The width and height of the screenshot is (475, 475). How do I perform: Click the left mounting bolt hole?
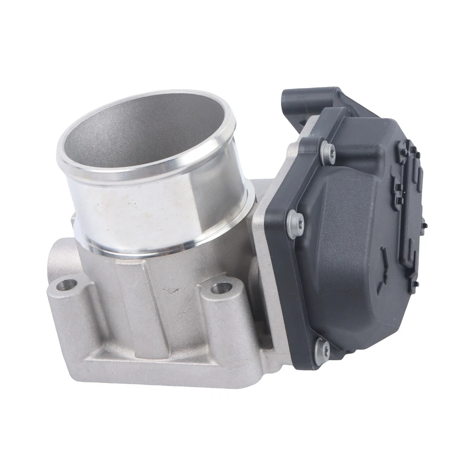tap(67, 285)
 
